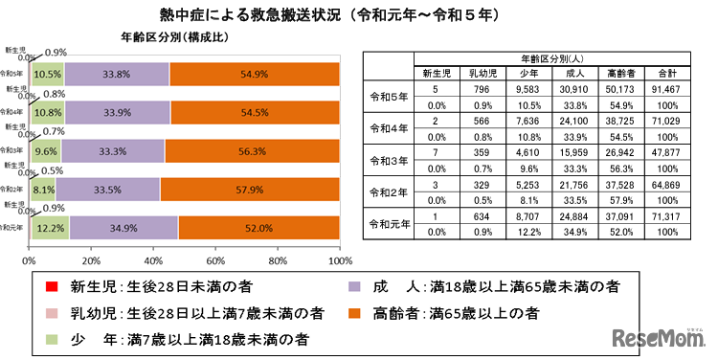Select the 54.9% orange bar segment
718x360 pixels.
point(255,75)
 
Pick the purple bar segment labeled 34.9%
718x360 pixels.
point(124,228)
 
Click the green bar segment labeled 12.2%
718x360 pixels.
point(49,228)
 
